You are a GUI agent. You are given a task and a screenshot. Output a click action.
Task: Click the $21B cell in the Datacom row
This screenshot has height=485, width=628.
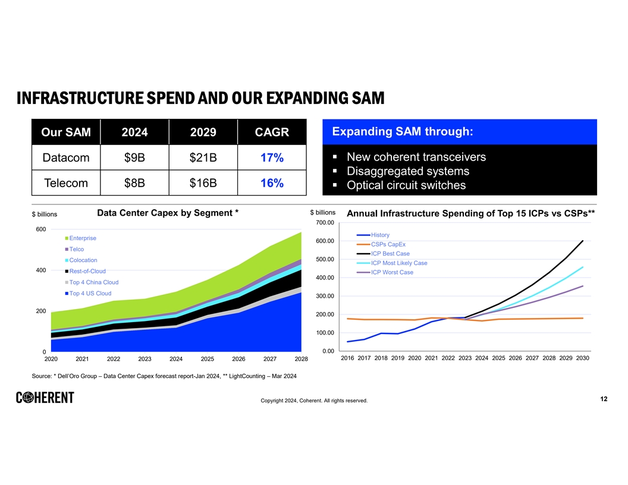[203, 158]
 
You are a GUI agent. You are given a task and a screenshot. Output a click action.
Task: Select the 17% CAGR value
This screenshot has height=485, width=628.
[271, 158]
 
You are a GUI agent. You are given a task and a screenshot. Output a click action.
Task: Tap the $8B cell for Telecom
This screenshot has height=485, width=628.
[134, 183]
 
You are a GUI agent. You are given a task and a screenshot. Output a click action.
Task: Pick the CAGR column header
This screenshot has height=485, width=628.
[271, 132]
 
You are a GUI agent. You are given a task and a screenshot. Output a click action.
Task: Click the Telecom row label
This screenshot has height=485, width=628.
[66, 183]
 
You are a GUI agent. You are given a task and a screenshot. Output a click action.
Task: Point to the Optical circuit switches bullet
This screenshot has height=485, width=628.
[406, 185]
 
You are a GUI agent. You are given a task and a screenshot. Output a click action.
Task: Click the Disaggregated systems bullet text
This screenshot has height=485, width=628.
[407, 171]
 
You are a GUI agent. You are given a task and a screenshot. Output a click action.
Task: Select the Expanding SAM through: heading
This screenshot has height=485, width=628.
[402, 131]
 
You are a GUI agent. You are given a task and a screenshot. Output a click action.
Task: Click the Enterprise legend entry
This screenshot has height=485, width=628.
[83, 238]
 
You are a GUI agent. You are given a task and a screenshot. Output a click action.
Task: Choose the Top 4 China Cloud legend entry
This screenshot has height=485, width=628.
[93, 282]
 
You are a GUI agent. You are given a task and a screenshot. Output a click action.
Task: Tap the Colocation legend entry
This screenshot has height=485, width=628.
[83, 260]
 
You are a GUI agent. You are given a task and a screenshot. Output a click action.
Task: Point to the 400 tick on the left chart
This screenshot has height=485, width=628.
[41, 270]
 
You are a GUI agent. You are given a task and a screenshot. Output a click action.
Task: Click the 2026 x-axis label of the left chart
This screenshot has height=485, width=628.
[238, 359]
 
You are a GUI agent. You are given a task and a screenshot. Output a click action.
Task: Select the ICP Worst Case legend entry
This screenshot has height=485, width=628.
[391, 272]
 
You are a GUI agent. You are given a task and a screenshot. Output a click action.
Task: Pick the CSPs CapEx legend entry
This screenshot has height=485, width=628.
[388, 244]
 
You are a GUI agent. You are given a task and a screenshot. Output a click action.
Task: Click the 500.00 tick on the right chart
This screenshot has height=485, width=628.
[325, 259]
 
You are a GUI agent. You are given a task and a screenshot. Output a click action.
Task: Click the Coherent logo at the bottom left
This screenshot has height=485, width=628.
[45, 398]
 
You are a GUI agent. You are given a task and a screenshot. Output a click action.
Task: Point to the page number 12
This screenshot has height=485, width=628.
[604, 399]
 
